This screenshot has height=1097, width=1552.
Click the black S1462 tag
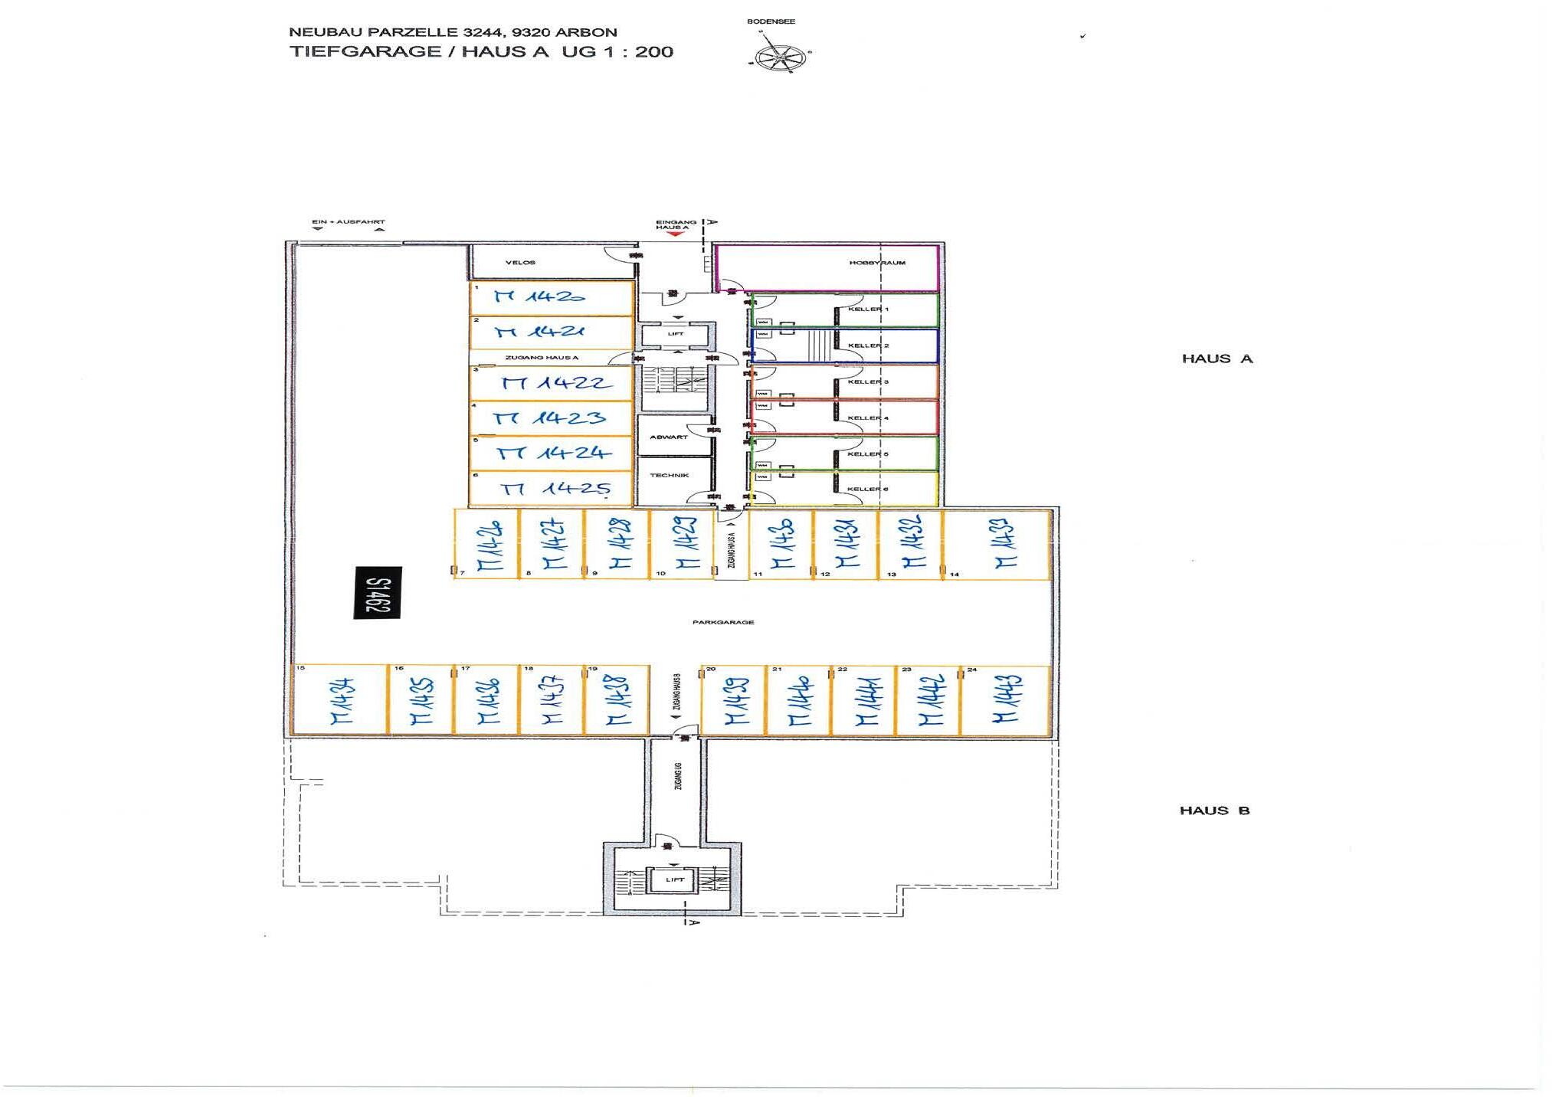point(377,592)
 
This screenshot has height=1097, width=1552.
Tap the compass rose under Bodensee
point(780,57)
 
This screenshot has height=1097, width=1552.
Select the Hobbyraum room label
point(877,263)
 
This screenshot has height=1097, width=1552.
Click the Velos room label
point(520,263)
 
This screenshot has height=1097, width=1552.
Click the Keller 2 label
point(868,345)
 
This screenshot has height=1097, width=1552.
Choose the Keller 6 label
point(867,489)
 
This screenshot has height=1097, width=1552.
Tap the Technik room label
point(669,475)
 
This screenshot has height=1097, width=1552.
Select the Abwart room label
point(668,437)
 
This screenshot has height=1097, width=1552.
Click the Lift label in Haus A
point(675,334)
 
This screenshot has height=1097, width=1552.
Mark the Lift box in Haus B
point(674,879)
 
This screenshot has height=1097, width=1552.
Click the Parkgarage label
point(722,622)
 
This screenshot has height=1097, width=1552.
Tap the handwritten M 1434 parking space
point(342,700)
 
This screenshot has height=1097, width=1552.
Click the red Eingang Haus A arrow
point(674,234)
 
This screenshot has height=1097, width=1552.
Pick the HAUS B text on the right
point(1214,810)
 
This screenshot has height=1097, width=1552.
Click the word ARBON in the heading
point(588,32)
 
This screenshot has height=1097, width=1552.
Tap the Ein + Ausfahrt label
point(348,222)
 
